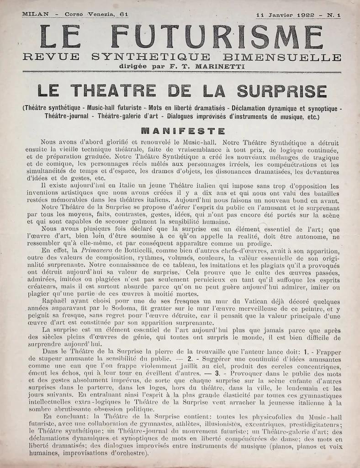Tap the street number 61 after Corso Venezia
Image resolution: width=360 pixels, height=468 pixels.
[x=123, y=15]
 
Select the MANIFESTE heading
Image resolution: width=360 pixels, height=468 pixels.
[x=183, y=131]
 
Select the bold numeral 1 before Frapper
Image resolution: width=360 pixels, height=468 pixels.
[x=295, y=352]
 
